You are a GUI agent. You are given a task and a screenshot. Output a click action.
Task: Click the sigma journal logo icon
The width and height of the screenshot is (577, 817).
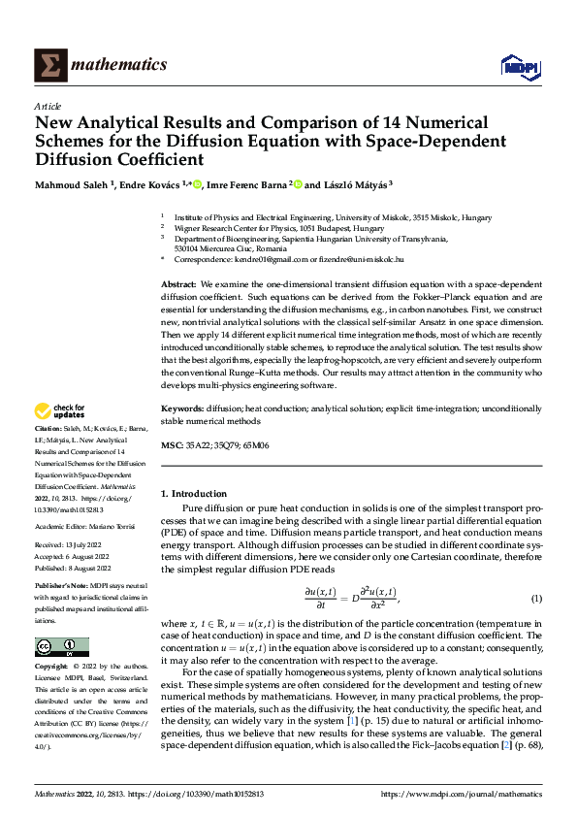click(x=48, y=65)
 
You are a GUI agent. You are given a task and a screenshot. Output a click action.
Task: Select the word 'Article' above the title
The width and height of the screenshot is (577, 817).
click(x=48, y=107)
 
